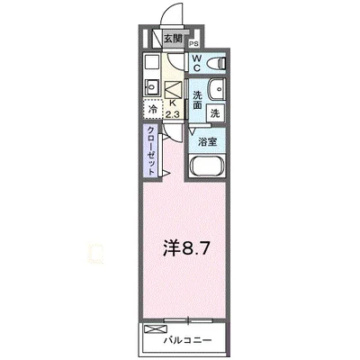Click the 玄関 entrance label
coord(173,39)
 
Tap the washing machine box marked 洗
coord(216,114)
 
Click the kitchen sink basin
coord(152,87)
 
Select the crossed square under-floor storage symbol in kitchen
coord(174,87)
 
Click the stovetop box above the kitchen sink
coord(151,65)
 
